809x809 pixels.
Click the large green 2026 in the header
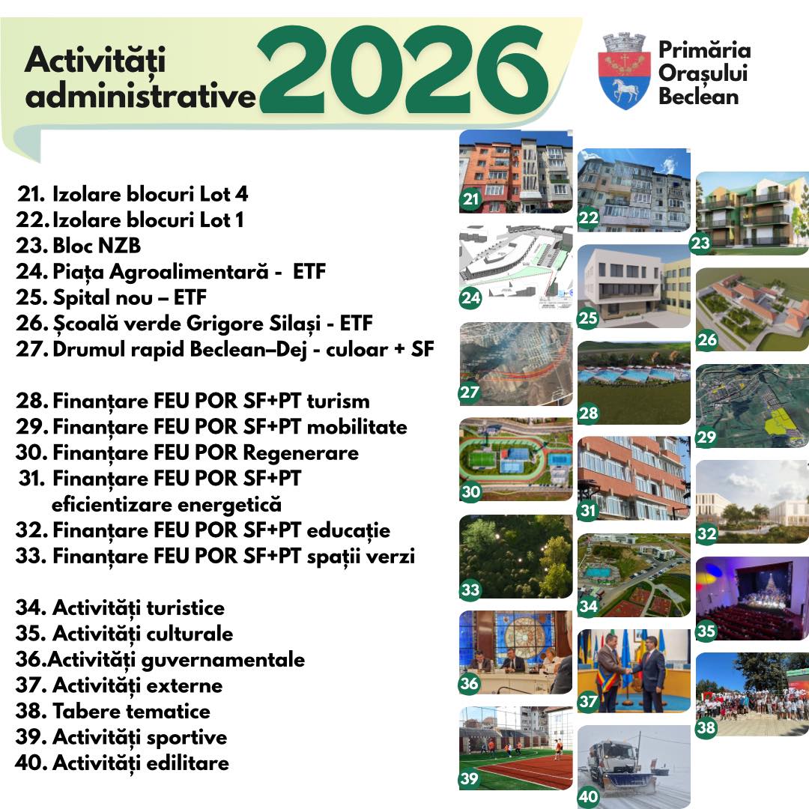click(403, 69)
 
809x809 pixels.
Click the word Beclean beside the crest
click(699, 97)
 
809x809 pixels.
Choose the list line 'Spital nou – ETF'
click(112, 297)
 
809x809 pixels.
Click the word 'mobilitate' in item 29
click(357, 427)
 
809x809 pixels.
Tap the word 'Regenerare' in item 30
click(301, 453)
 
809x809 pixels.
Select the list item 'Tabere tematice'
click(113, 711)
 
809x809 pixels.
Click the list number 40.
click(31, 763)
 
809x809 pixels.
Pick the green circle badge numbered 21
click(470, 199)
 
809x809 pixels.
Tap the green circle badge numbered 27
click(470, 393)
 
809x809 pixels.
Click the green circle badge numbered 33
click(470, 590)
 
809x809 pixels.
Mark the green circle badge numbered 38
click(706, 727)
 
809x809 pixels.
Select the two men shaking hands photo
click(634, 670)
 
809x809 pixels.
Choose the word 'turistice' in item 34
click(186, 607)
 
